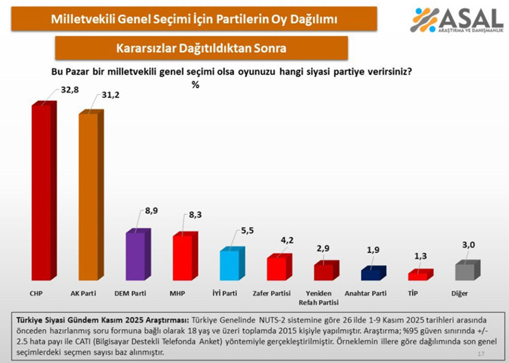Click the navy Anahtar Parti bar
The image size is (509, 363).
[371, 274]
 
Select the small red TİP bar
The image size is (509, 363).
[417, 276]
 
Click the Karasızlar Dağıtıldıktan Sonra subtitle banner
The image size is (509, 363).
[201, 47]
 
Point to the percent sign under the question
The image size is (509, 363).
[195, 85]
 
